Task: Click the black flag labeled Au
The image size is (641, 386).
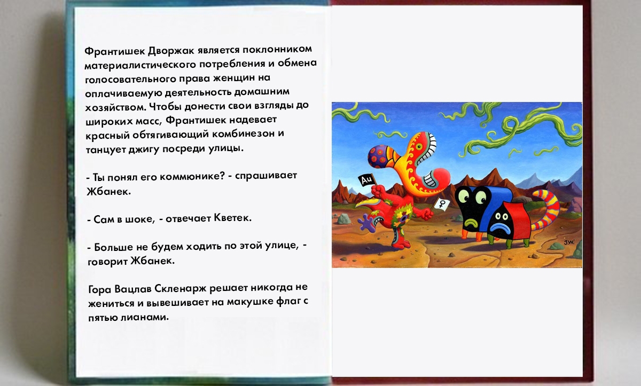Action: point(366,180)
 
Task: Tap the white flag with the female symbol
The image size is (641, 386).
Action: point(442,204)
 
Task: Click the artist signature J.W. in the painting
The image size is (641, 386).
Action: point(569,242)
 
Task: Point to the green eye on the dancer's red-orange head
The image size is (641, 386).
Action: point(419,147)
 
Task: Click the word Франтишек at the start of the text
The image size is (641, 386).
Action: point(115,51)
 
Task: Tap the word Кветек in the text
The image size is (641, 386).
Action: point(233,218)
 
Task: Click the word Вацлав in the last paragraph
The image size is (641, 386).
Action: point(133,289)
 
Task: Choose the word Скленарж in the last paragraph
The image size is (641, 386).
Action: point(181,288)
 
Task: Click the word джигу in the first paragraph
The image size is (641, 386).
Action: point(143,149)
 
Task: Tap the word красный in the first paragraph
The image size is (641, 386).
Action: point(107,135)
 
